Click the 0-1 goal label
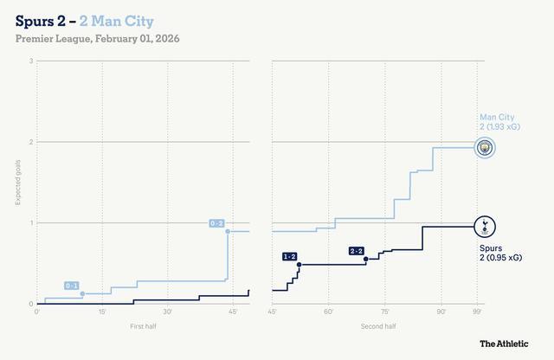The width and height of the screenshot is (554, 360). [x=73, y=286]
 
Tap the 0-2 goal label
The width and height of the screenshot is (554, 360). [x=217, y=223]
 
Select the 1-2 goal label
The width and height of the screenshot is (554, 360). [x=289, y=256]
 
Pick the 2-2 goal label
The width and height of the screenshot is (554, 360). [x=357, y=251]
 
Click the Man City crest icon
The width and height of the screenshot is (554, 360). [x=486, y=147]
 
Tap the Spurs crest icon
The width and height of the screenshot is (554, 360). [x=486, y=228]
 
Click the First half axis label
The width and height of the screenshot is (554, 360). [x=143, y=326]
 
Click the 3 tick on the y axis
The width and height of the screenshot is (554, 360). [x=31, y=61]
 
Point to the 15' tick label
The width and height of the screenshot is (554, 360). [x=102, y=312]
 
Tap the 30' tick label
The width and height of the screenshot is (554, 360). [x=167, y=312]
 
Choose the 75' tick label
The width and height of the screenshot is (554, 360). [x=384, y=312]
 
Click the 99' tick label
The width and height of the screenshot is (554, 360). [x=477, y=312]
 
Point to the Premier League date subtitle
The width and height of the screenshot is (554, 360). [x=96, y=39]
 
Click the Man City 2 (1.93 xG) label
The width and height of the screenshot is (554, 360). [x=501, y=122]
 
